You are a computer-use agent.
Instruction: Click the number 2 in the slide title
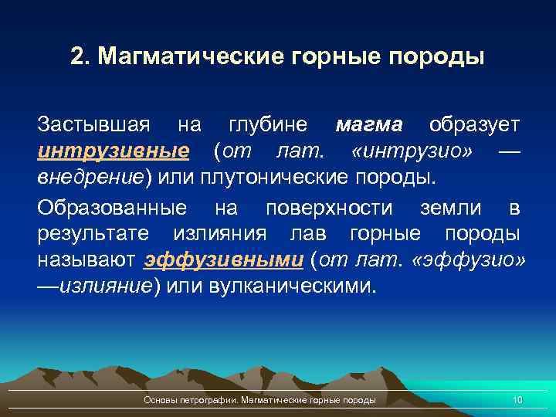76,58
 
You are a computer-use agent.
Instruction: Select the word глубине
269,124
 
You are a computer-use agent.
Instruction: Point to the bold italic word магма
369,124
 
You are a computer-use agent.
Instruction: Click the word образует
474,124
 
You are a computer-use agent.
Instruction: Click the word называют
86,260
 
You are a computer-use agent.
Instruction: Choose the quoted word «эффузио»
470,260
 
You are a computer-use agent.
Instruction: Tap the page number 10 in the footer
517,400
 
